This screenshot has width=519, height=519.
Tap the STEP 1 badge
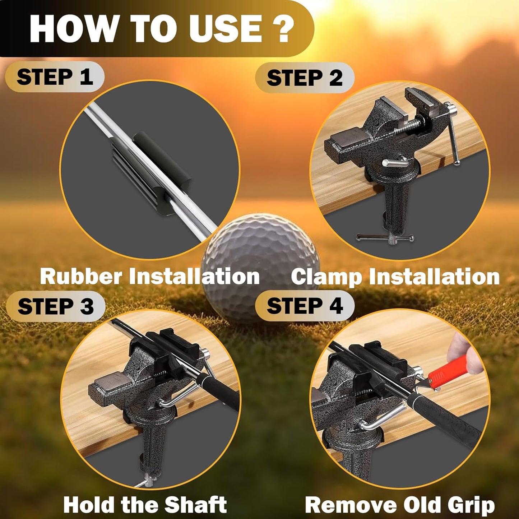55,77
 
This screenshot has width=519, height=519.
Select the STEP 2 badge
305,78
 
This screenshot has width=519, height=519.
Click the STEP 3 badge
56,306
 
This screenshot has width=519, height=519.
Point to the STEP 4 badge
305,306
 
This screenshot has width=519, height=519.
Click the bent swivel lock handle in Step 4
381,420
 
